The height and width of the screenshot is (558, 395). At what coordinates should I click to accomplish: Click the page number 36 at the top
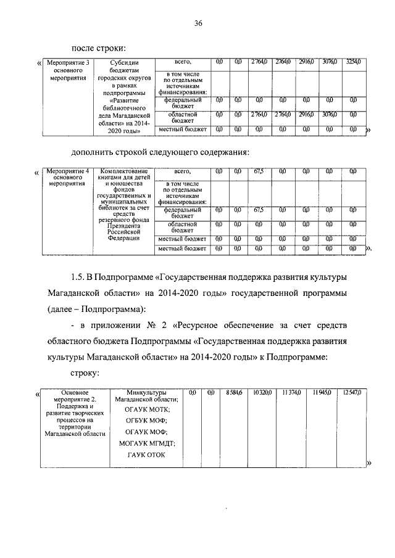198,23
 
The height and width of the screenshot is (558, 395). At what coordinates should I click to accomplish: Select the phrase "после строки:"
99,47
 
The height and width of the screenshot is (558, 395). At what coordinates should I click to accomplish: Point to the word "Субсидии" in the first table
125,62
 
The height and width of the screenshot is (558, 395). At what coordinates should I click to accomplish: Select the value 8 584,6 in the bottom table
235,392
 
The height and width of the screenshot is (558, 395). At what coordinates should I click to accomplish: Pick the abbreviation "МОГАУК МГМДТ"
147,443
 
